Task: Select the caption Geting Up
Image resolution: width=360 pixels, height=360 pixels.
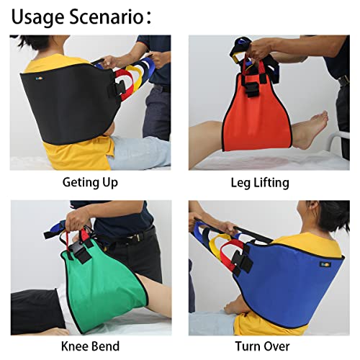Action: (90, 182)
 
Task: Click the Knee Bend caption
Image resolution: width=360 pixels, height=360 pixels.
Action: (90, 346)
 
